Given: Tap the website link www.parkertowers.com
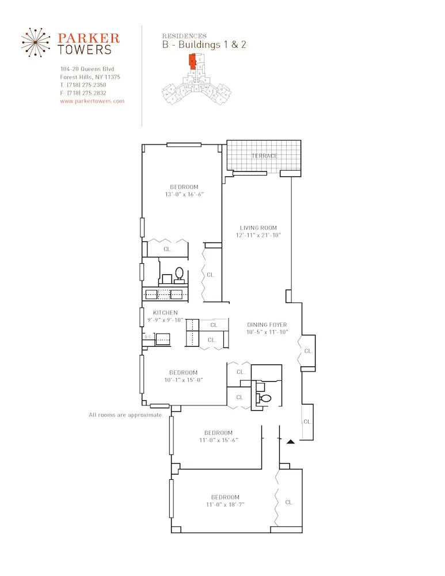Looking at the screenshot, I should [92, 101].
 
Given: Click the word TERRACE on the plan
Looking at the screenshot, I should [264, 156].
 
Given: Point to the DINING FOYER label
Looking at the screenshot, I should [267, 325].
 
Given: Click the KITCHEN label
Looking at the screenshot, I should [165, 313].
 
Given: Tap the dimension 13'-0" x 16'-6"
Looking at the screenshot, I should [184, 195].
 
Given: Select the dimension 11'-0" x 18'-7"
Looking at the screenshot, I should [225, 505].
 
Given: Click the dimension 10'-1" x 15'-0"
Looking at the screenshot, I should [183, 380].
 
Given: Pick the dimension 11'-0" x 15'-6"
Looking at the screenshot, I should [218, 440].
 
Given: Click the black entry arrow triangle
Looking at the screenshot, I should [291, 442].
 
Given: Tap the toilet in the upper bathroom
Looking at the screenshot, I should [179, 273].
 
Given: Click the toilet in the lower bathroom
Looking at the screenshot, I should [265, 398].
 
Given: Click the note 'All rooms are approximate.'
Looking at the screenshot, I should [126, 415].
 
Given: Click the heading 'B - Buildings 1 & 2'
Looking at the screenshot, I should [204, 45].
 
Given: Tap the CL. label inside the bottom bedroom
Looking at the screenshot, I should [290, 502].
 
